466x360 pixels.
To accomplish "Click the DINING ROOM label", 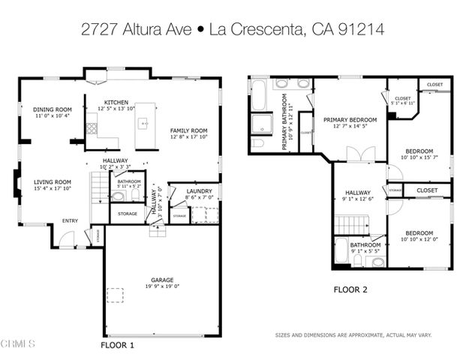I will (52, 109).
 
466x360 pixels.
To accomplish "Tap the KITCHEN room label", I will (116, 102).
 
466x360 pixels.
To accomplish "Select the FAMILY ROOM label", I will (188, 130).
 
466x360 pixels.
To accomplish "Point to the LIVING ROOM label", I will (52, 181).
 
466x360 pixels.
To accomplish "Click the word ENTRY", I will (70, 220).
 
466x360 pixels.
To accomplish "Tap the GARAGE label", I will (161, 280).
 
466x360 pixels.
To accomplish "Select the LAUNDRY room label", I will (199, 192).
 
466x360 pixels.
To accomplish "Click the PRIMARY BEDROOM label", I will (350, 119).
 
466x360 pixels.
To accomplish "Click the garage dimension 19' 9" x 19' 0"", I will (161, 286).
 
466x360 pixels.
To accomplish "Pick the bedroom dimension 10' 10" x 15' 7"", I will (419, 156).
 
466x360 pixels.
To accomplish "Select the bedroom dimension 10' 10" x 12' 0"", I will (419, 239).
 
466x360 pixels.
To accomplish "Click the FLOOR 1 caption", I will (117, 346).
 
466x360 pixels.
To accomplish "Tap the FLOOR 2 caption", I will (350, 288).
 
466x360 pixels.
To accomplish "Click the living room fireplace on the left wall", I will (17, 182).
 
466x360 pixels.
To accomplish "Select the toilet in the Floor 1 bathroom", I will (118, 196).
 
